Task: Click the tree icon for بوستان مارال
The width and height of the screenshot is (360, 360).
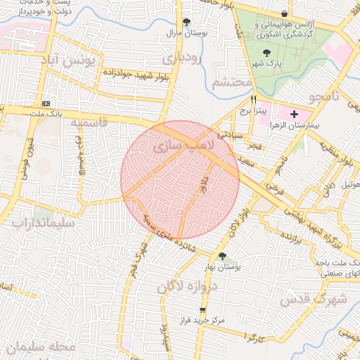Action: point(186,22)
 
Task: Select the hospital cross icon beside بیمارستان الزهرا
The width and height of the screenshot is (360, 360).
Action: point(294,114)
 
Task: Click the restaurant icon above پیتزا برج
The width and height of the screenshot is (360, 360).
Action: point(254,99)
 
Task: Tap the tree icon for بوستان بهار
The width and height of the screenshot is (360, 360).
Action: point(222,257)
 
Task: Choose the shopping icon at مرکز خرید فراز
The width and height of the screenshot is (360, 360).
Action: point(203,309)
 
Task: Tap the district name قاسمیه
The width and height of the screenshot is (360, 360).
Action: point(89,122)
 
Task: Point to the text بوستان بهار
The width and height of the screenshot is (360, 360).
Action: point(222,269)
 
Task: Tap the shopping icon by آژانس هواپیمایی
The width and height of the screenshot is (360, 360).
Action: point(284,13)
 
